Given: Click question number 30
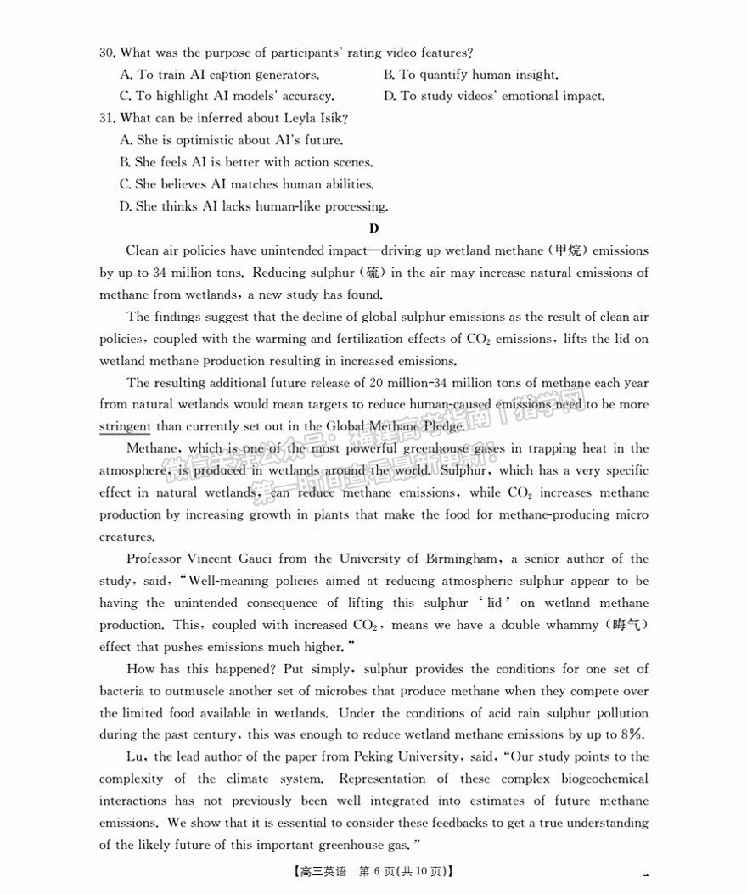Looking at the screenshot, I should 107,53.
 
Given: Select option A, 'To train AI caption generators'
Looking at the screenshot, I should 220,75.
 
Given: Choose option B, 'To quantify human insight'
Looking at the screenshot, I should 470,75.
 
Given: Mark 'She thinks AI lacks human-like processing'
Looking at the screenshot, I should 254,206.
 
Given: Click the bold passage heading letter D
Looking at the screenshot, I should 373,228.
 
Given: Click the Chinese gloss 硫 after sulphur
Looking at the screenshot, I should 372,273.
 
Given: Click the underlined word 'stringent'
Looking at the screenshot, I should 125,426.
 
